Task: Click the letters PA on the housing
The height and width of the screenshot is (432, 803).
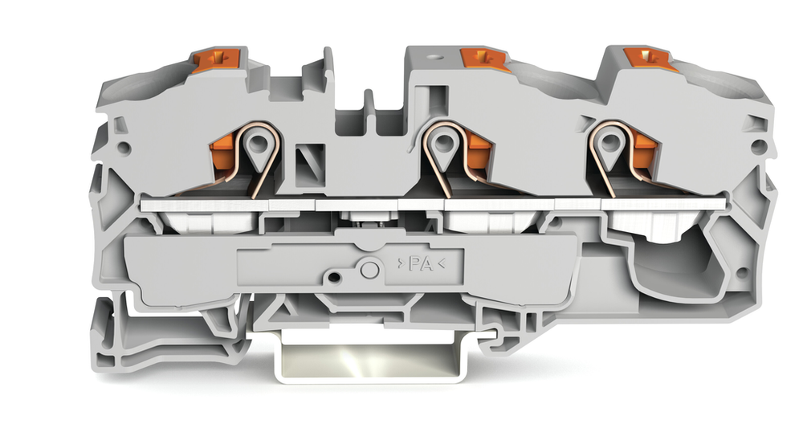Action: (421, 264)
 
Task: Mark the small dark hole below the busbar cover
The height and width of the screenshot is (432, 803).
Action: (334, 277)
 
